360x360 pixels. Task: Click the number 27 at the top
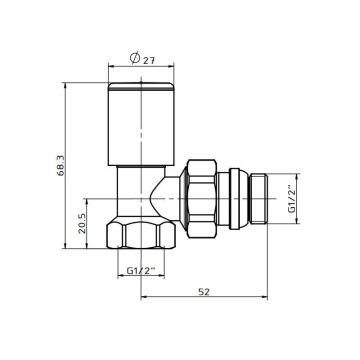pos(150,60)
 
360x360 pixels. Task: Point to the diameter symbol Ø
pos(136,60)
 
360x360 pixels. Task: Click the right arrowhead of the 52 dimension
pos(269,297)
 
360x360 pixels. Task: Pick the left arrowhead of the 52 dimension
pos(144,297)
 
